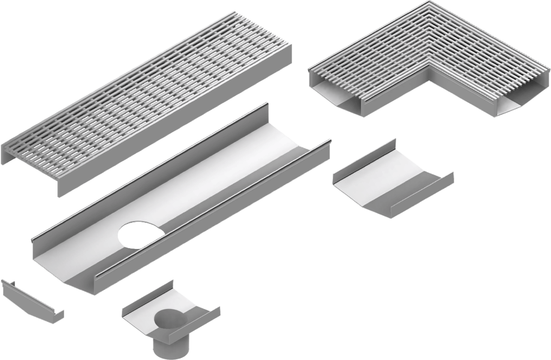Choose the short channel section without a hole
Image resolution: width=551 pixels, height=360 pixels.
(x=392, y=180)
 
